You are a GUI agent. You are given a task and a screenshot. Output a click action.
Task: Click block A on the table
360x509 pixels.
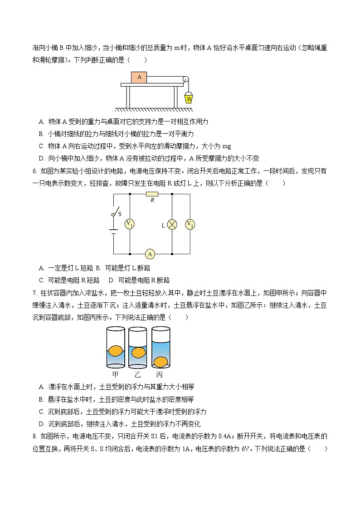click(139, 77)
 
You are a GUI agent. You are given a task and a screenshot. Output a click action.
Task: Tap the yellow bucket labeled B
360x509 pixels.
click(188, 97)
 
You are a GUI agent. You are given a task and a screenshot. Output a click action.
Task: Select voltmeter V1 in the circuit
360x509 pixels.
click(130, 224)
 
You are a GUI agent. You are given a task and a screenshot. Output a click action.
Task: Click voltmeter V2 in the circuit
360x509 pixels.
click(190, 224)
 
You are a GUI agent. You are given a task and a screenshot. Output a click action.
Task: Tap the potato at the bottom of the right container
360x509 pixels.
click(161, 361)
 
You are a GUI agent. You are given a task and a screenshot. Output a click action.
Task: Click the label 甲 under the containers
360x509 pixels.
click(116, 375)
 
